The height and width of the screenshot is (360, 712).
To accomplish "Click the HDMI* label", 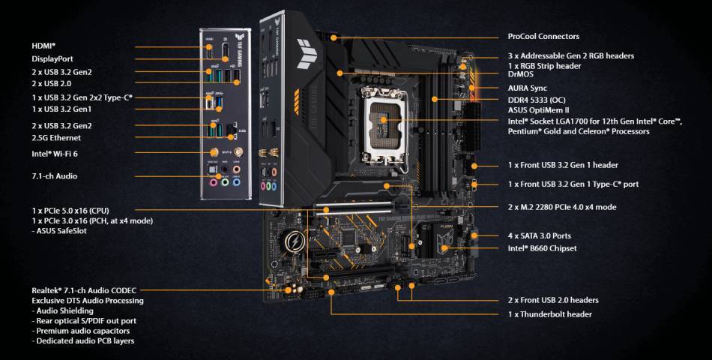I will coord(44,46).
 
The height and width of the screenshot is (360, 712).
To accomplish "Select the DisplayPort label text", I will coord(52,58).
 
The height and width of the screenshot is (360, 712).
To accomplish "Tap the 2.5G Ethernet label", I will coord(56,138).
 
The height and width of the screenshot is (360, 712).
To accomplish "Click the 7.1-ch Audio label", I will coord(54,176).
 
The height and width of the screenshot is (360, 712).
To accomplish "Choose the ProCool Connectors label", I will coord(543,36).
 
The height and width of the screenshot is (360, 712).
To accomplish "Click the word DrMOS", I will coord(522,75).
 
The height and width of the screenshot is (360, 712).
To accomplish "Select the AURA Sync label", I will coord(527,88).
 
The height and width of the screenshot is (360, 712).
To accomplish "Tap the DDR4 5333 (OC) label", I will coord(537,100).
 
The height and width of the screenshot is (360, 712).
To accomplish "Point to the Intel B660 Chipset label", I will coord(543,247).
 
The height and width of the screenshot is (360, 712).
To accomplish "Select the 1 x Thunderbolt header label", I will coord(549,314).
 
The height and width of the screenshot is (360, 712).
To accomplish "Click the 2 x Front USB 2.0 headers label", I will coord(553,300).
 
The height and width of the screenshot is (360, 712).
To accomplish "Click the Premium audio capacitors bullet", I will coord(82,331).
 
